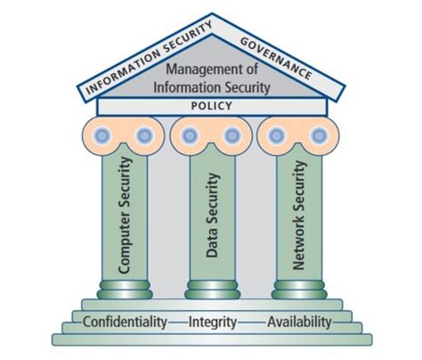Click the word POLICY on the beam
211,106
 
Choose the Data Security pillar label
211,214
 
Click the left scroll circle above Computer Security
101,135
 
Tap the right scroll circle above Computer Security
146,135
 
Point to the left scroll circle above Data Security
189,135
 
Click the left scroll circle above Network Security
276,135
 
